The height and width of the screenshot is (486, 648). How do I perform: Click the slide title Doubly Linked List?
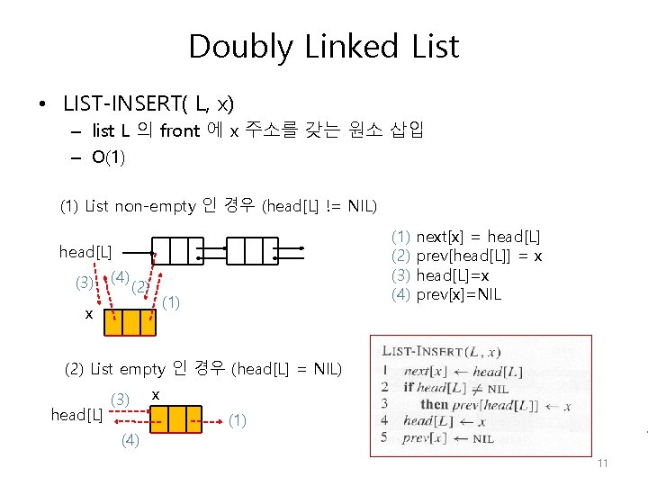(323, 46)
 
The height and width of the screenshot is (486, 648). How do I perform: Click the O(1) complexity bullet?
(108, 157)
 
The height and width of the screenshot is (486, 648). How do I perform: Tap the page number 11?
(603, 463)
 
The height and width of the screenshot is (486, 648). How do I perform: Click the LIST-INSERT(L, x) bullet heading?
(148, 102)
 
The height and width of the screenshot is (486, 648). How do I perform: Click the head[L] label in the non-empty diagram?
(85, 251)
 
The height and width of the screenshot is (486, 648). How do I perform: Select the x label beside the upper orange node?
(88, 314)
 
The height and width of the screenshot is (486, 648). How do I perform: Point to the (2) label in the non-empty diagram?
(139, 288)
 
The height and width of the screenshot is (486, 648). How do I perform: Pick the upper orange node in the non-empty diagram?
(131, 322)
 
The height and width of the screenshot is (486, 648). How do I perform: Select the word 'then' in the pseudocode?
(434, 404)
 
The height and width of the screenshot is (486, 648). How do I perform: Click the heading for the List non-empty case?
(219, 207)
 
